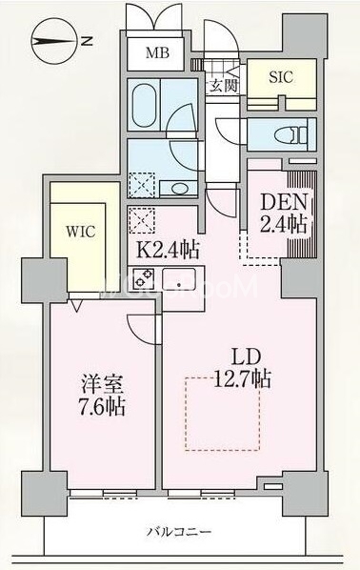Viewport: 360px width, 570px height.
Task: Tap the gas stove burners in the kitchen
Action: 145,280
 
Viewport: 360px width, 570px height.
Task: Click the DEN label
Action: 283,203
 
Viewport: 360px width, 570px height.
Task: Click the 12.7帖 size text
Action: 242,378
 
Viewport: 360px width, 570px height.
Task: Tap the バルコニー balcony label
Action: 179,530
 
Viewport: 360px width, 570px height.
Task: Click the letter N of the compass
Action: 87,40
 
